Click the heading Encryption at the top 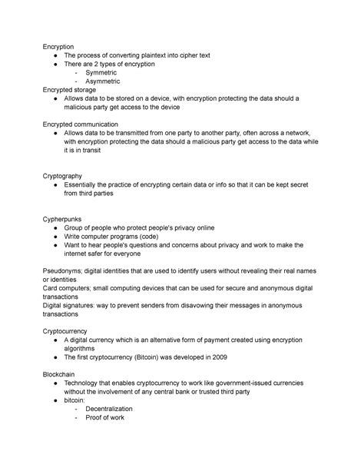point(59,45)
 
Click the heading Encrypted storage point(75,89)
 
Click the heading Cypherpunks point(64,219)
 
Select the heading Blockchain point(61,374)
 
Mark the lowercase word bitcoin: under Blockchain point(77,400)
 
